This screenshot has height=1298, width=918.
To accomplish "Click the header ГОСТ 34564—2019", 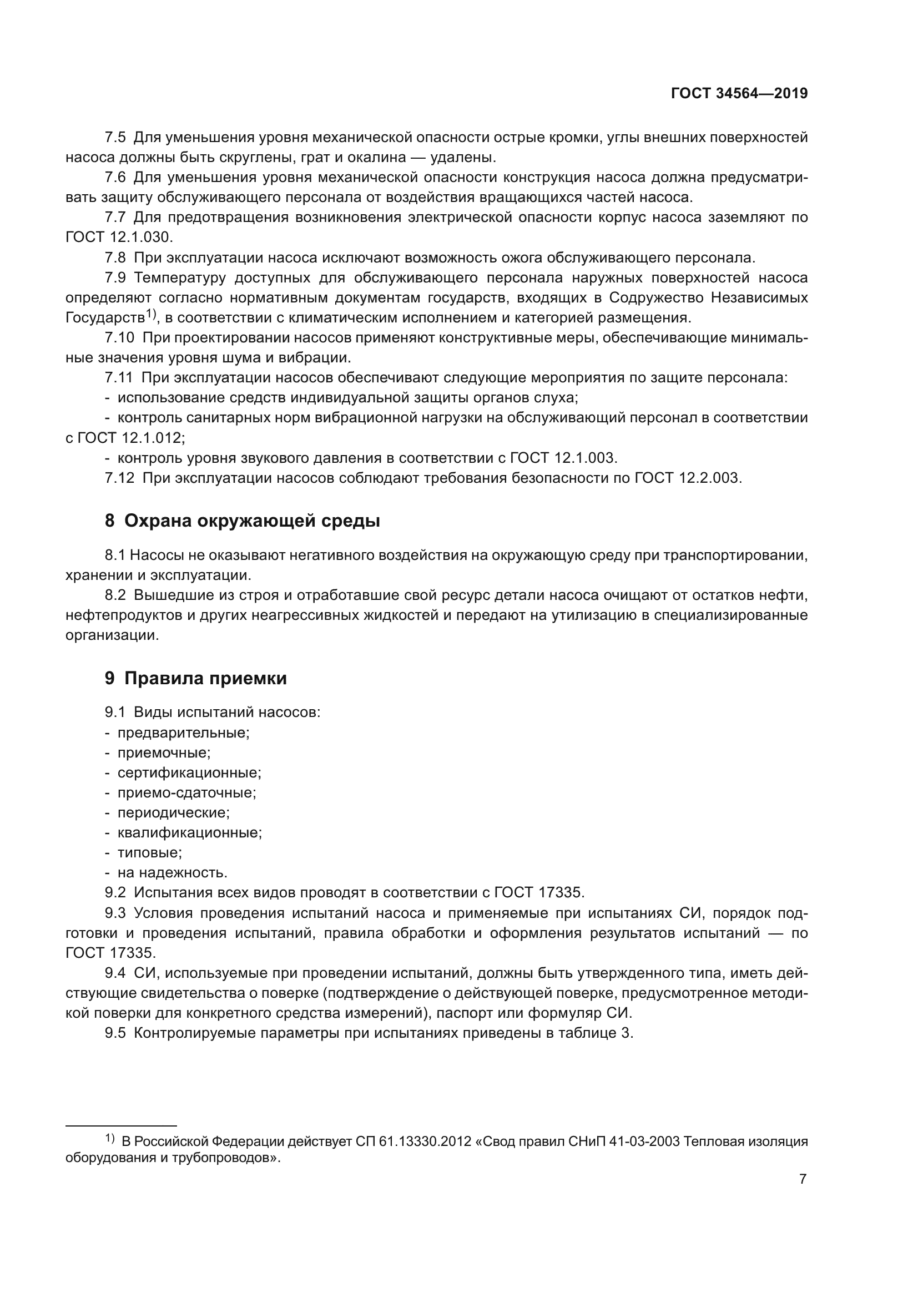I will (739, 94).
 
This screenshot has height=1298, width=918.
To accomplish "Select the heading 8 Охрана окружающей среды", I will (243, 521).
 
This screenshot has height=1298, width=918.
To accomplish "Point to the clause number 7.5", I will (115, 138).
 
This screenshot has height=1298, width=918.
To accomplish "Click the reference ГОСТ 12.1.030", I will (119, 238).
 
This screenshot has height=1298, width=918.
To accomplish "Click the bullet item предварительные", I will (183, 733).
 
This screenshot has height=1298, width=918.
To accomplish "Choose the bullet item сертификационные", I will (189, 772).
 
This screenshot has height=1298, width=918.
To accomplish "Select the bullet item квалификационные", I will (189, 832).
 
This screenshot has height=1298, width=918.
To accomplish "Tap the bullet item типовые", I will (149, 852).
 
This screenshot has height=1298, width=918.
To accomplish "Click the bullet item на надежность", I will (173, 872).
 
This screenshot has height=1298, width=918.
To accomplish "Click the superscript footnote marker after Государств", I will (150, 313).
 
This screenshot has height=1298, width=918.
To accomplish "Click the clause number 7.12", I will (119, 478).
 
